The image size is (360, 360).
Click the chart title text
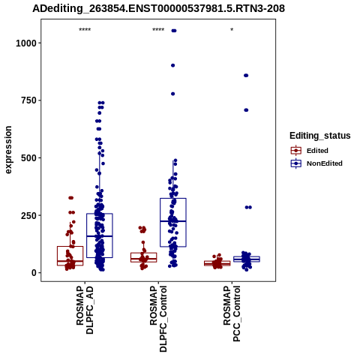pyautogui.click(x=158, y=8)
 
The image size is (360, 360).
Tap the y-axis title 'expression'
pyautogui.click(x=8, y=150)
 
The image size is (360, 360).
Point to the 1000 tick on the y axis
pyautogui.click(x=26, y=43)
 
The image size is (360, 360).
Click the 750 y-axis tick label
pyautogui.click(x=29, y=100)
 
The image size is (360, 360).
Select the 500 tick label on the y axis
pyautogui.click(x=29, y=158)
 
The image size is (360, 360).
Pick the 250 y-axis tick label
pyautogui.click(x=29, y=215)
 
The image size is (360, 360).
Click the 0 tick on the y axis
pyautogui.click(x=34, y=273)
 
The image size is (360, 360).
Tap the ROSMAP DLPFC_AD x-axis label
pyautogui.click(x=85, y=310)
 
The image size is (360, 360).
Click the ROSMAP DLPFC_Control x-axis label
pyautogui.click(x=158, y=319)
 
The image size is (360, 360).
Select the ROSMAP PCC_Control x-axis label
pyautogui.click(x=232, y=313)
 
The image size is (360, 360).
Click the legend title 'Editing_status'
pyautogui.click(x=320, y=136)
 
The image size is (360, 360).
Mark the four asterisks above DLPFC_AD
pyautogui.click(x=85, y=30)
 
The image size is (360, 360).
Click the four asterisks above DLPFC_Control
pyautogui.click(x=158, y=30)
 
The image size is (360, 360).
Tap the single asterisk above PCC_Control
pyautogui.click(x=232, y=30)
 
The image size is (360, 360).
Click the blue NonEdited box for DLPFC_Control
pyautogui.click(x=173, y=223)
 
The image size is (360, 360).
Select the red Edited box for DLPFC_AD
pyautogui.click(x=70, y=256)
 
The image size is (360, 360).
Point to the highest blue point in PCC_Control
pyautogui.click(x=246, y=76)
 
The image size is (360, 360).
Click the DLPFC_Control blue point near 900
pyautogui.click(x=172, y=65)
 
